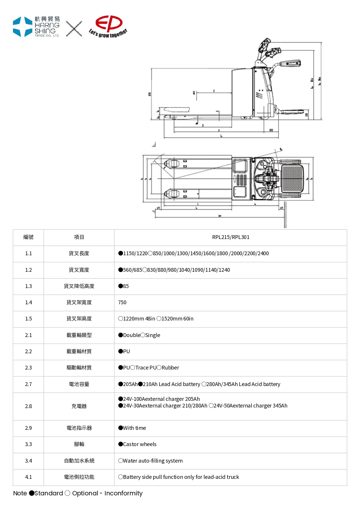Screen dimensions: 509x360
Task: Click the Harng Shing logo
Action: pos(36,27)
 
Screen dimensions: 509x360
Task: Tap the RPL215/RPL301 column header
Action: pos(231,237)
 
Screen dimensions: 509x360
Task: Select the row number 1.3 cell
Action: pos(28,286)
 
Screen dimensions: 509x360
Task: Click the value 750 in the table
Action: pos(122,302)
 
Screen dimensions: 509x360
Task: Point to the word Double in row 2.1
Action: pos(132,335)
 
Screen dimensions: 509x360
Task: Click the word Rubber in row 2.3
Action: pos(170,368)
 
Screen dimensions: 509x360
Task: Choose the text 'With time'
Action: pos(134,428)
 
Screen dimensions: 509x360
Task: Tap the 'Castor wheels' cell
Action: pos(140,444)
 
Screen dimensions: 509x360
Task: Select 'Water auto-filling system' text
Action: pos(153,461)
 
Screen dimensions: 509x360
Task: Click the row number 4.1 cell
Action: pos(28,477)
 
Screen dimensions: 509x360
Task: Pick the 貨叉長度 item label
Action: pos(79,253)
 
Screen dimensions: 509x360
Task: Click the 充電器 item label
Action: pos(79,406)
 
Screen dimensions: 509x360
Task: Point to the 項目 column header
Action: pos(79,237)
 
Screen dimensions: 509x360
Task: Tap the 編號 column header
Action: pos(28,237)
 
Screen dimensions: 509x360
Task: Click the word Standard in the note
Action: pos(48,493)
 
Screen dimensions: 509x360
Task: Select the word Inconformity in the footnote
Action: pos(123,493)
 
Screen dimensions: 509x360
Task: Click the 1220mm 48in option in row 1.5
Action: pos(139,319)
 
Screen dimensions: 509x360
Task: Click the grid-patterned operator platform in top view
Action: pos(293,178)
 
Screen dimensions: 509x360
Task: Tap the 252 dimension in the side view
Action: pos(271,130)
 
